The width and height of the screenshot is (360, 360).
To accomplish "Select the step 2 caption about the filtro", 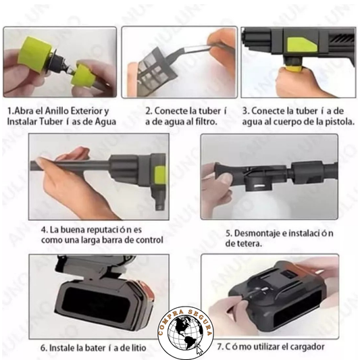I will pyautogui.click(x=180, y=115).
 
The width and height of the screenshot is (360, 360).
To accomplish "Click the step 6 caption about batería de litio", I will pyautogui.click(x=91, y=348).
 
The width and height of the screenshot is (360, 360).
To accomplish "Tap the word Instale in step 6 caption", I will pyautogui.click(x=65, y=348).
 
